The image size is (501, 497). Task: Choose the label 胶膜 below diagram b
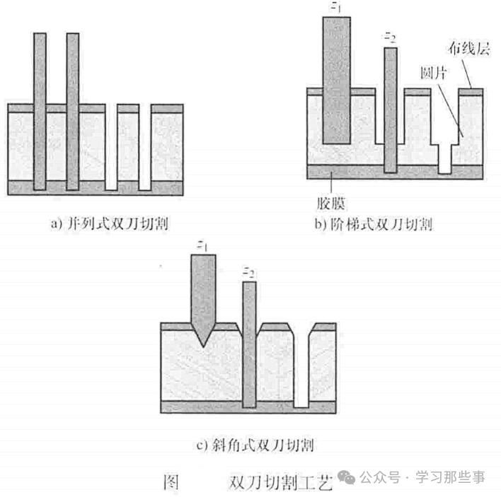point(330,204)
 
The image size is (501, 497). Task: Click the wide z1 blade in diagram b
point(335,78)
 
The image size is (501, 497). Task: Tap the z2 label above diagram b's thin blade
point(389,35)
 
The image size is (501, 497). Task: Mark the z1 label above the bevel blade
point(203,245)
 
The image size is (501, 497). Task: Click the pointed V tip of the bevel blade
point(203,343)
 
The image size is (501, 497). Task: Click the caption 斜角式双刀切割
point(254,445)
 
